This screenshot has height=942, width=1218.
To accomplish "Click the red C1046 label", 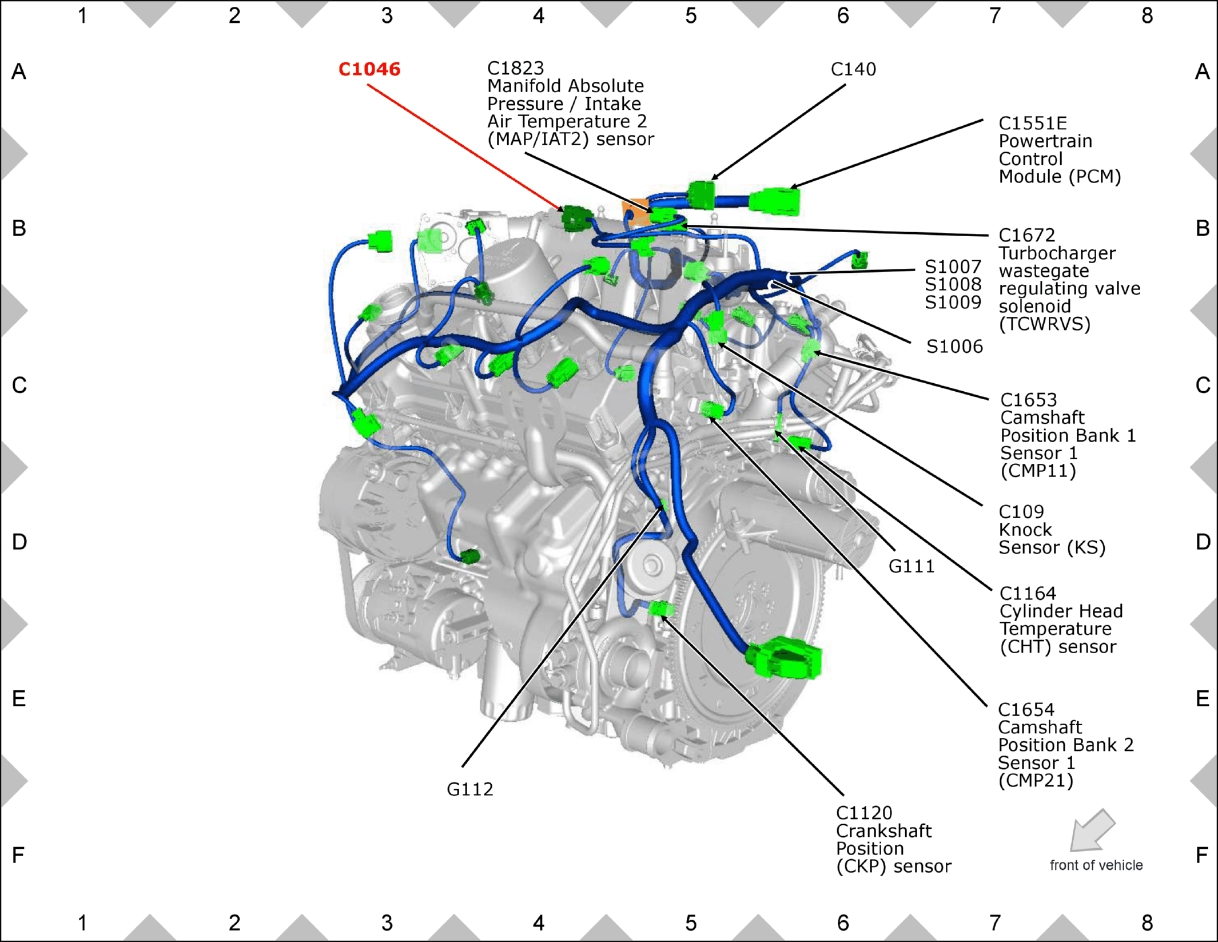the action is [369, 69].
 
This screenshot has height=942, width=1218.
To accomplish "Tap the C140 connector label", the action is [853, 69].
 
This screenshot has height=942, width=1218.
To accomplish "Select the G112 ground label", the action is [469, 789].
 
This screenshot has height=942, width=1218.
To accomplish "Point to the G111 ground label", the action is [911, 566].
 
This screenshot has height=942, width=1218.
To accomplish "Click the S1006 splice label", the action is [954, 346].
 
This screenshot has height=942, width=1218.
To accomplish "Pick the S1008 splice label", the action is [953, 284].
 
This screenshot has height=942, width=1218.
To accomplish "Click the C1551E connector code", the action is [1033, 123].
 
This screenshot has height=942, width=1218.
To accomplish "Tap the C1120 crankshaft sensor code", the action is [864, 813].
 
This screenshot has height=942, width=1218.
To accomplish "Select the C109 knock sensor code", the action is [1021, 511].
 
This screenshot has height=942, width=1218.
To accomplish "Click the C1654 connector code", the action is [1026, 709].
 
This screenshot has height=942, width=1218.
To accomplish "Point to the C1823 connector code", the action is [515, 68].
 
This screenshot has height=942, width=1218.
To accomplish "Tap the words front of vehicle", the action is [1096, 865].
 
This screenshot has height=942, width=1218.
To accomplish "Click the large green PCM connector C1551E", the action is [775, 201].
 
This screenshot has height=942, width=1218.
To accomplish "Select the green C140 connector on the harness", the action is [702, 194].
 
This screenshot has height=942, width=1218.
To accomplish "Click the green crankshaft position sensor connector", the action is [660, 609].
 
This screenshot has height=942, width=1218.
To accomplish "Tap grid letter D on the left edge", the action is [19, 542].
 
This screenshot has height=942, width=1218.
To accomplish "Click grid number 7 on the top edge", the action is [995, 15].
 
